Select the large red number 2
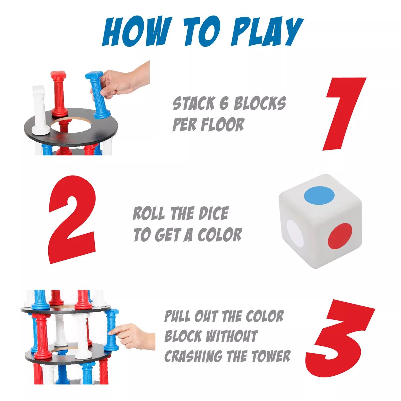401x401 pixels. (72, 220)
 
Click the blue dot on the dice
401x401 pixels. (319, 194)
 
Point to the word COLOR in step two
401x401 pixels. (219, 235)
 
